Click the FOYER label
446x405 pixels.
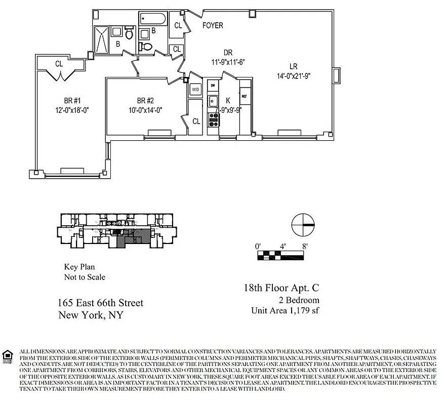coord(213,25)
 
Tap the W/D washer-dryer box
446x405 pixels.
coord(195,90)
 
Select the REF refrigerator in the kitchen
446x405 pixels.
coord(245,96)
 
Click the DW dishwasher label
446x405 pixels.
coord(213,85)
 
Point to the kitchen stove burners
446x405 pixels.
coord(213,119)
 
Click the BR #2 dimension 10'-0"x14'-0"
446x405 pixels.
coord(145,110)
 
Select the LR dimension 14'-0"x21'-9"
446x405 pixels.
coord(293,76)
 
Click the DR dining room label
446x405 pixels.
coord(228,52)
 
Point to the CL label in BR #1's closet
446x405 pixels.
coord(59,63)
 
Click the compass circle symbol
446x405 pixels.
coord(303,224)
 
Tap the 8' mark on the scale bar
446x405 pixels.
coord(304,247)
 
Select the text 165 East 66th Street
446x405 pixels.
coord(100,303)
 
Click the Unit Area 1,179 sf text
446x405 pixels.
coord(285,310)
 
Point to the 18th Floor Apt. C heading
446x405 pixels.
coord(281,288)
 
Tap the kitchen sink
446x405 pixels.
coord(213,100)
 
